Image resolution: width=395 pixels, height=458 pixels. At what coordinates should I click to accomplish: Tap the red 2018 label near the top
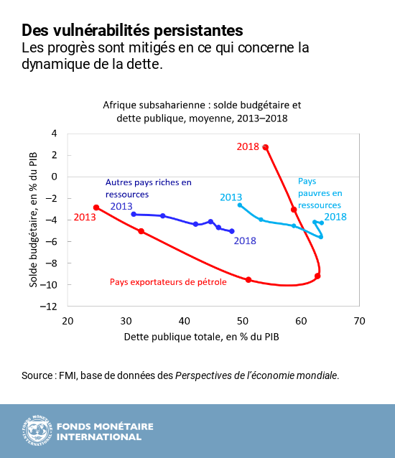[248, 146]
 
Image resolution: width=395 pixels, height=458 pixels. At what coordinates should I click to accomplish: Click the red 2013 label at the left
[85, 217]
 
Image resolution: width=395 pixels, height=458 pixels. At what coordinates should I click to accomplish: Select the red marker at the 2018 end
[266, 147]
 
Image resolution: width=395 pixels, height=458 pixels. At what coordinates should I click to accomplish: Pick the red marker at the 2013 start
[96, 207]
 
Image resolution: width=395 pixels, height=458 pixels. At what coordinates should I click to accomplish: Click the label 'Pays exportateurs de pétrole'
[168, 282]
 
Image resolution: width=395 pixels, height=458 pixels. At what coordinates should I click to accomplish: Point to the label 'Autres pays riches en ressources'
[149, 188]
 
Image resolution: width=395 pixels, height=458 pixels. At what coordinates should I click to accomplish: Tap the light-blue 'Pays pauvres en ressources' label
[320, 193]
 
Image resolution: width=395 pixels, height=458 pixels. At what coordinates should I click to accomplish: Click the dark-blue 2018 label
[245, 241]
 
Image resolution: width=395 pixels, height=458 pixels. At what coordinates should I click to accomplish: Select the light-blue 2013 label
[231, 197]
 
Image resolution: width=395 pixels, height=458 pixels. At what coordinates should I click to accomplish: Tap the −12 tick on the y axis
[52, 307]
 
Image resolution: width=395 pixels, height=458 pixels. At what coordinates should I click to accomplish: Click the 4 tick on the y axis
[54, 134]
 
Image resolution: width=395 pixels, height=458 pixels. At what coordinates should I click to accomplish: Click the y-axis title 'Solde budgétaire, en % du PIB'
[34, 219]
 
